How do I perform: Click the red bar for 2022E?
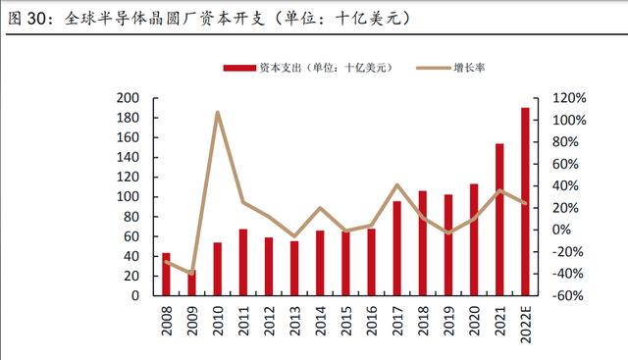[525, 201]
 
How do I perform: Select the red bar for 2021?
[499, 220]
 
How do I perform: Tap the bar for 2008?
[166, 275]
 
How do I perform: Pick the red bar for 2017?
[396, 248]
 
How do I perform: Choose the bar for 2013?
[294, 269]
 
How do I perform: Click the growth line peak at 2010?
[218, 112]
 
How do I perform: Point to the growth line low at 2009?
[192, 273]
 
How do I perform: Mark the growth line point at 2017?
[396, 185]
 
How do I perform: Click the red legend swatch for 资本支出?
[239, 68]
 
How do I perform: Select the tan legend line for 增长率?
[433, 68]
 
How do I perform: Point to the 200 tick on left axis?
[128, 98]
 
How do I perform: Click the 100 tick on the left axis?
[128, 196]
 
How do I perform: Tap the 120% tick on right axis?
[569, 98]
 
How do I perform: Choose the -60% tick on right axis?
[569, 296]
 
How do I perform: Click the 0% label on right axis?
[561, 230]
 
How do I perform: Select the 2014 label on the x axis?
[321, 321]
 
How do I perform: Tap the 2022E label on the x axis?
[526, 324]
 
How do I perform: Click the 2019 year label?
[449, 321]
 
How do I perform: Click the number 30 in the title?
[37, 19]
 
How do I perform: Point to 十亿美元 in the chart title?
[368, 19]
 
